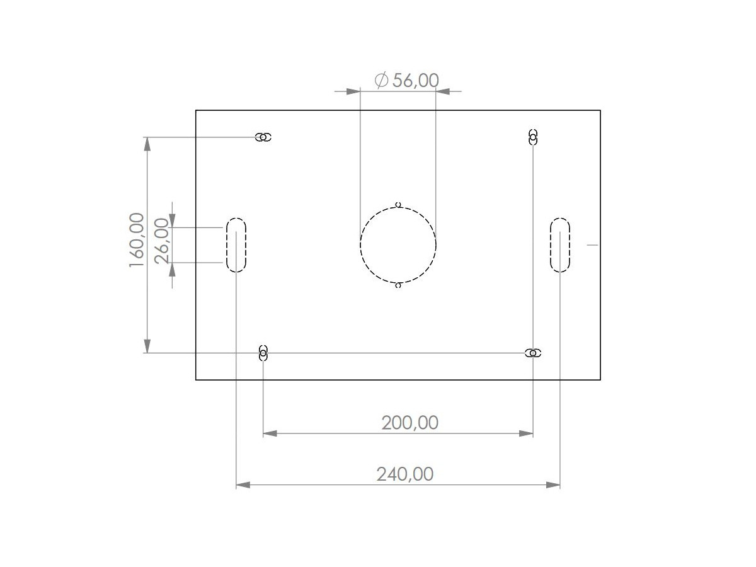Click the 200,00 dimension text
[x=409, y=423]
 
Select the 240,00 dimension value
[x=405, y=474]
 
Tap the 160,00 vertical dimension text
[x=137, y=239]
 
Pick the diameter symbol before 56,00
[x=381, y=80]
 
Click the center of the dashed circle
[x=398, y=245]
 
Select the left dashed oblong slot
[x=236, y=245]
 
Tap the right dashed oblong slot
[x=560, y=245]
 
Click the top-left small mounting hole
[x=263, y=137]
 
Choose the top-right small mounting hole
[x=533, y=137]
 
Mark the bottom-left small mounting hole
[x=263, y=353]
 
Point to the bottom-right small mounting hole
[x=533, y=353]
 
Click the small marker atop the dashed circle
[x=398, y=204]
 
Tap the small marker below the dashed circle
[x=398, y=285]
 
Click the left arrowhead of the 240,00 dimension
[x=243, y=484]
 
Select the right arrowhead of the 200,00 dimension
[x=526, y=433]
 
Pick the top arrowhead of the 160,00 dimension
[x=147, y=144]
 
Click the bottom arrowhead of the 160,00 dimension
[x=147, y=346]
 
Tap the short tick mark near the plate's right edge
[x=592, y=245]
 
